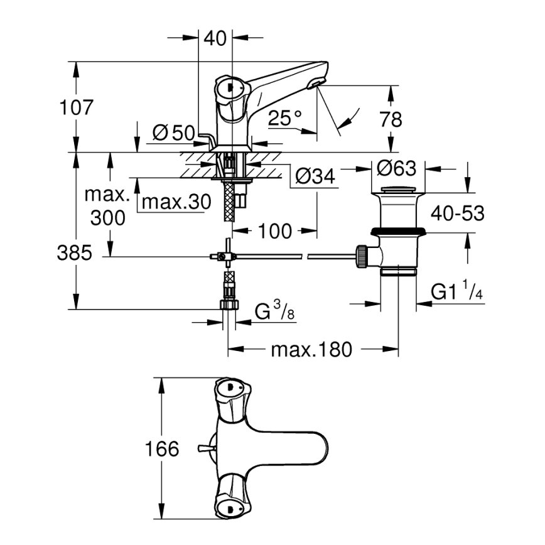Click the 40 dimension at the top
[215, 38]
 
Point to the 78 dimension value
[391, 119]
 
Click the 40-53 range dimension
[458, 213]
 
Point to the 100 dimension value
[274, 231]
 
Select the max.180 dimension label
[311, 349]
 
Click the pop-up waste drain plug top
[398, 190]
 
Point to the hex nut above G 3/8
[229, 305]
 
